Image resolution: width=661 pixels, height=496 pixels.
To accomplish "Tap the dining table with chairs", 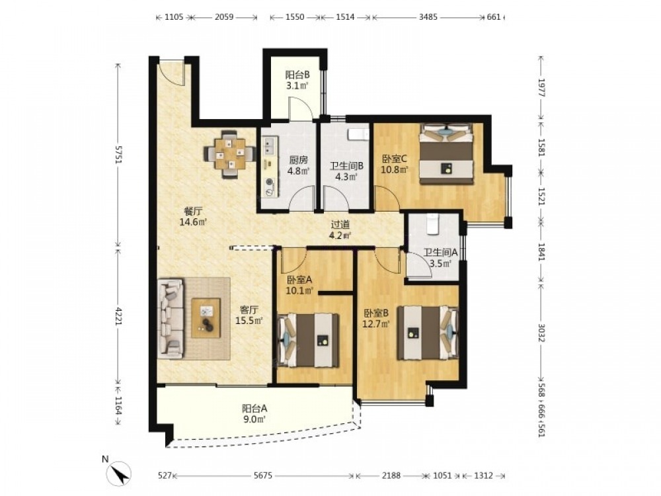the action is point(230,154).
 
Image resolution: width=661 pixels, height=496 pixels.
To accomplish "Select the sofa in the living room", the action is point(171,318).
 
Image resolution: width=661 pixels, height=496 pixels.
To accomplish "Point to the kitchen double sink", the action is point(268,146).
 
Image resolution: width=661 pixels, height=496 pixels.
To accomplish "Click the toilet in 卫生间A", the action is point(433,224).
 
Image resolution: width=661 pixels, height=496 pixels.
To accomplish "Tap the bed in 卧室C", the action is point(447,153).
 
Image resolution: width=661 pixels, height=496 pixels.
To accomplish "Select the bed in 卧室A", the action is point(309,340).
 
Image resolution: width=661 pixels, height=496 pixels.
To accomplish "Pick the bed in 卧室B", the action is point(428,333).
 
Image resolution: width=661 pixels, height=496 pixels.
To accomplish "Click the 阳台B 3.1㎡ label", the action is point(297,80).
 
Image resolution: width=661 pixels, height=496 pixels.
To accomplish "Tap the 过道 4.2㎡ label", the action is point(340,230).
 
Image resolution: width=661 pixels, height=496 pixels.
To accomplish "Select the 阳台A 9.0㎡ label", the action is point(254,414).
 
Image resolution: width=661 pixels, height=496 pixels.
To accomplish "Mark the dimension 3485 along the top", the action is point(428,17).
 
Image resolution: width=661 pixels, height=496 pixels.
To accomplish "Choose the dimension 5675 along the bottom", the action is point(263,475).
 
